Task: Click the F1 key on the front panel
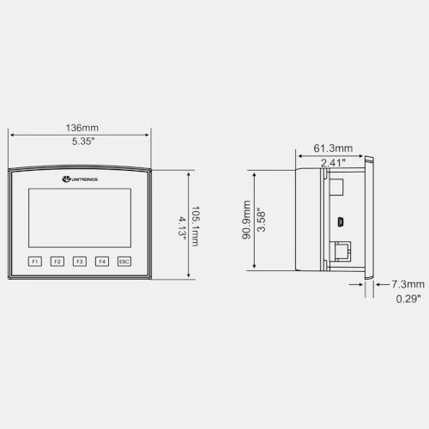(x=35, y=262)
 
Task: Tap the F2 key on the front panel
(x=57, y=262)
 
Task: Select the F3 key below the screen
(x=80, y=262)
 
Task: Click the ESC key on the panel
(x=124, y=262)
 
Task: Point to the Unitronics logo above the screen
(x=80, y=179)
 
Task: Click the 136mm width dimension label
(x=82, y=128)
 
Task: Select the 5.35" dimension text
(x=83, y=142)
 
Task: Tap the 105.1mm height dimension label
(x=196, y=226)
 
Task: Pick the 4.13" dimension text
(x=182, y=227)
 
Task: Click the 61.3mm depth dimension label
(x=333, y=148)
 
